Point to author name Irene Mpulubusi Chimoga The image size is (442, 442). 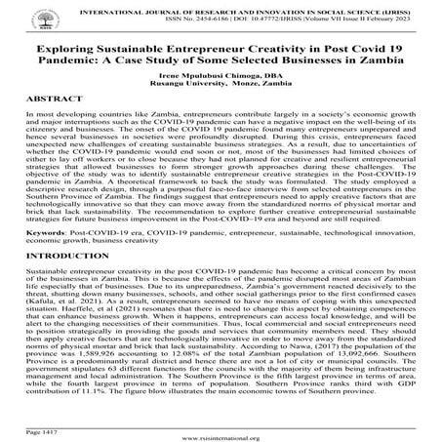click(221, 75)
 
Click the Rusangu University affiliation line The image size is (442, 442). click(221, 85)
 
